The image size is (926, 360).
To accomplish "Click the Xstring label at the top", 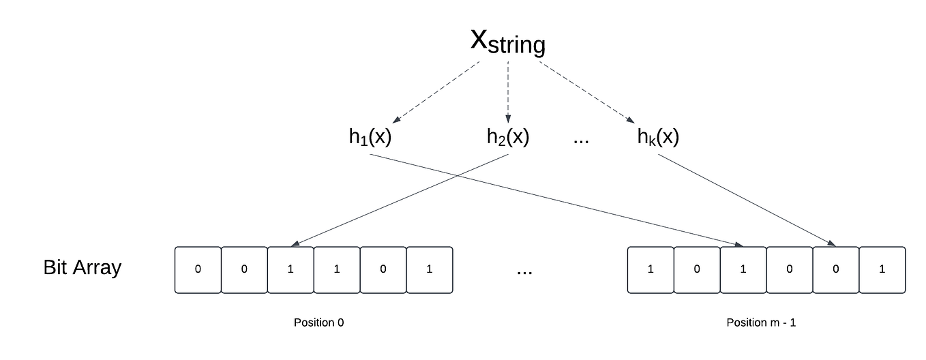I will click(508, 42).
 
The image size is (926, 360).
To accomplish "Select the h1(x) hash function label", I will click(370, 137).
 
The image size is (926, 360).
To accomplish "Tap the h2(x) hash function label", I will click(507, 137).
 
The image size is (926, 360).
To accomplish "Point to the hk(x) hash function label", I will click(658, 137).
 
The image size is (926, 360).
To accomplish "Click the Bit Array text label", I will click(82, 267).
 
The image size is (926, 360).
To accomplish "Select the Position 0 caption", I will click(318, 322).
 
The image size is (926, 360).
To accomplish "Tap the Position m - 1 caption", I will click(761, 322).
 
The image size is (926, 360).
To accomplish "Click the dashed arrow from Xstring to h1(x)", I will click(436, 92).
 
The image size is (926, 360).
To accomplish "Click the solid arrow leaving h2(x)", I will click(402, 199).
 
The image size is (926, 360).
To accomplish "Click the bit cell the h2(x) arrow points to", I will click(290, 270).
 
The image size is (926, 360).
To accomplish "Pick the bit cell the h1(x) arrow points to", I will click(743, 270).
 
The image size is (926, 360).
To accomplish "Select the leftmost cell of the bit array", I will click(198, 270).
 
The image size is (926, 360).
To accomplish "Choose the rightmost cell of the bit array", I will click(882, 270).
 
